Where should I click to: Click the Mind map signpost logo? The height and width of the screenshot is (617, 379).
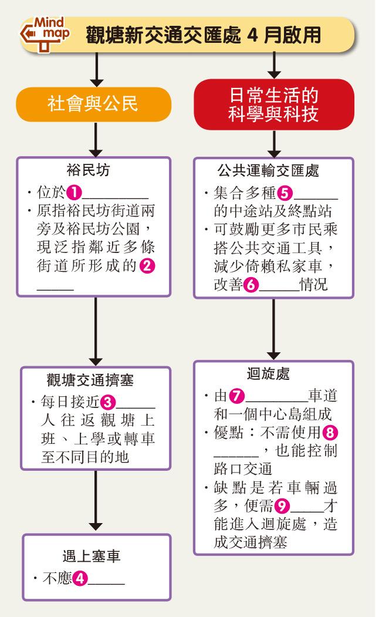[44, 34]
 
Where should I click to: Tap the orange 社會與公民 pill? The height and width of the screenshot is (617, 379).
[93, 104]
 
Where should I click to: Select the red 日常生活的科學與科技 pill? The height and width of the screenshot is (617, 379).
[274, 104]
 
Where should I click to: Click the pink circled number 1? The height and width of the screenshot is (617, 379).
[74, 193]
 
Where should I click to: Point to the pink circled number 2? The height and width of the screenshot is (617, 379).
[147, 265]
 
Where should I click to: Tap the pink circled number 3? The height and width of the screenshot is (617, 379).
[108, 402]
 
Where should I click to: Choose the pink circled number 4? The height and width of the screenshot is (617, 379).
[80, 578]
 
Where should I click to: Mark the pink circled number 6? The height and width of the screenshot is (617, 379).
[251, 284]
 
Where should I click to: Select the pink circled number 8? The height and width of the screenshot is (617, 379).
[330, 433]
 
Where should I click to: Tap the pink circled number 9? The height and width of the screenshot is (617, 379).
[282, 505]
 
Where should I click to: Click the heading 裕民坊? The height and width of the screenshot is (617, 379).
[88, 170]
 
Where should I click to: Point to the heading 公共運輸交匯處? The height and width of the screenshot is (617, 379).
[269, 171]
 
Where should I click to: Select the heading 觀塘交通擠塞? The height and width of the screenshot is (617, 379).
[90, 380]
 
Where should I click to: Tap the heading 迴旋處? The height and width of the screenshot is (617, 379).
[268, 373]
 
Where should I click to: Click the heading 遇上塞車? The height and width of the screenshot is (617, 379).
[91, 556]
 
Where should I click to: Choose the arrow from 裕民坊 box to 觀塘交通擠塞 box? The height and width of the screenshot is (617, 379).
[96, 331]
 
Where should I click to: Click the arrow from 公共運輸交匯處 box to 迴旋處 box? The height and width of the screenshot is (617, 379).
[273, 329]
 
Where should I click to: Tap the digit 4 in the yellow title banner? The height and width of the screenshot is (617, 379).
[252, 35]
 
